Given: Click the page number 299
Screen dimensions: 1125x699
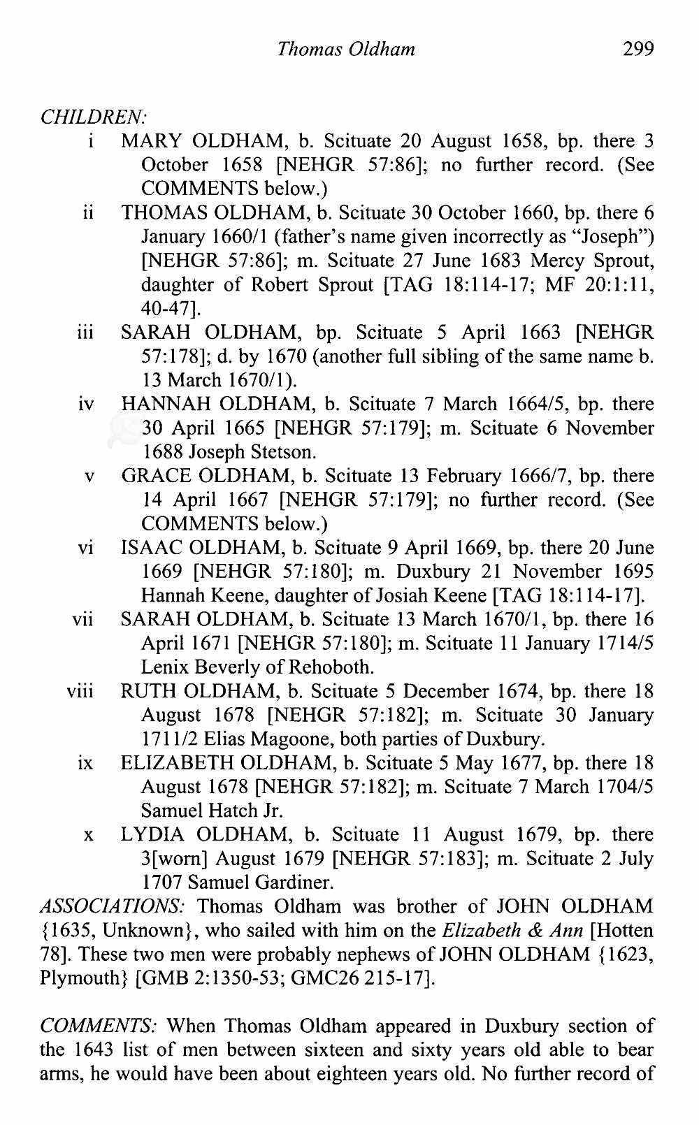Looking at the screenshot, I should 638,48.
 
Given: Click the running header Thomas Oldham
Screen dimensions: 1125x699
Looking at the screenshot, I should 346,49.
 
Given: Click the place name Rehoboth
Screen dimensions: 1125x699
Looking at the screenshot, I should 332,667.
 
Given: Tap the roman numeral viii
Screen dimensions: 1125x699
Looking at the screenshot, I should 80,692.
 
